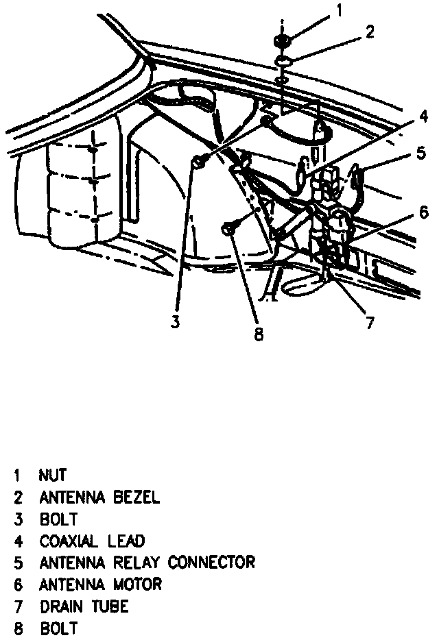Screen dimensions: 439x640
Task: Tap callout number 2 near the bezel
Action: pyautogui.click(x=369, y=33)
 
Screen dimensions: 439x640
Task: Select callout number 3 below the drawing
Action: pyautogui.click(x=175, y=321)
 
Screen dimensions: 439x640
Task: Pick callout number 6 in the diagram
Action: pyautogui.click(x=423, y=212)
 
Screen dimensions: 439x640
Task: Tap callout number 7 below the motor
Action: pyautogui.click(x=370, y=323)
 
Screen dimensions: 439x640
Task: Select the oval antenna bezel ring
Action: pyautogui.click(x=285, y=64)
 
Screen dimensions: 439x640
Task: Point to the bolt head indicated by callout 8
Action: pyautogui.click(x=230, y=229)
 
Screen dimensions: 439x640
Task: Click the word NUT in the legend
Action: pyautogui.click(x=53, y=475)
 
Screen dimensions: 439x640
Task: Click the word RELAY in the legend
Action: pyautogui.click(x=136, y=563)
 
